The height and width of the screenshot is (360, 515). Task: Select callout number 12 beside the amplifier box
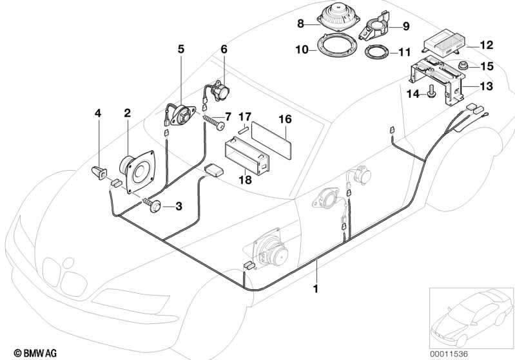tap(487, 45)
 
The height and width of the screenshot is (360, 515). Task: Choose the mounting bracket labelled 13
tap(438, 77)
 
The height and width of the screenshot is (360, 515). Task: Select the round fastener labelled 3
tap(154, 206)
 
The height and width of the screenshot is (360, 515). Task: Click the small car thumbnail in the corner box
tap(471, 313)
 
